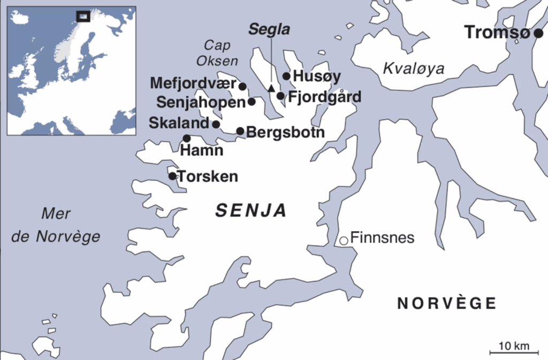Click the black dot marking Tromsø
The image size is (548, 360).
click(x=538, y=33)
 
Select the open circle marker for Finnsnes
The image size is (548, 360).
click(x=344, y=240)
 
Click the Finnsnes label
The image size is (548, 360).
click(x=382, y=238)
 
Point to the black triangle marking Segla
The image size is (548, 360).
click(x=271, y=88)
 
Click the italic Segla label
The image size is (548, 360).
click(x=269, y=30)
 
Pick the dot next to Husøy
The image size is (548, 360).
click(x=286, y=76)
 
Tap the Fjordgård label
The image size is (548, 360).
click(x=324, y=97)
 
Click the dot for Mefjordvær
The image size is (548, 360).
click(x=242, y=86)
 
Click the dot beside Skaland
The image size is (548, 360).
click(x=216, y=124)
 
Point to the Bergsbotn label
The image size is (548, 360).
click(x=286, y=132)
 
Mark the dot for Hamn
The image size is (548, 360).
click(x=187, y=138)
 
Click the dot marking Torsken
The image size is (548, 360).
click(x=172, y=176)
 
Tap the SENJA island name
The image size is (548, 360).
click(x=251, y=211)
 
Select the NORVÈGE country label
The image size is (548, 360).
click(x=446, y=303)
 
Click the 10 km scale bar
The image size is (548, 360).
click(x=511, y=352)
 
